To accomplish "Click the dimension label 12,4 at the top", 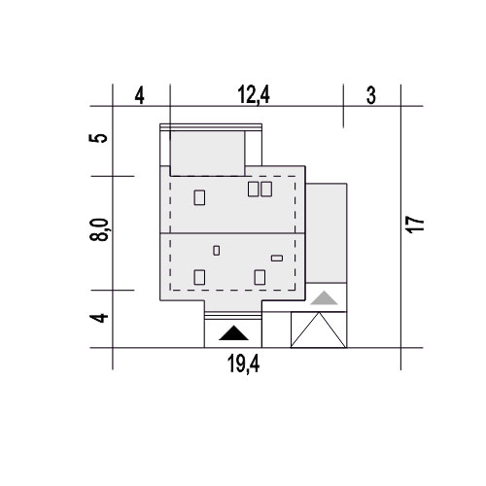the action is pyautogui.click(x=254, y=95).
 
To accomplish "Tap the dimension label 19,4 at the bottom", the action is pyautogui.click(x=244, y=364).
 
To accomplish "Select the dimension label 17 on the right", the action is pyautogui.click(x=416, y=225).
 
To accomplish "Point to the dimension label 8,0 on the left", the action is pyautogui.click(x=99, y=229).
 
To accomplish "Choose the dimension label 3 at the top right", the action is pyautogui.click(x=371, y=95).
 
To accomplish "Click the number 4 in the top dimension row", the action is pyautogui.click(x=139, y=96).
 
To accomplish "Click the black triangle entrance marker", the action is pyautogui.click(x=233, y=333).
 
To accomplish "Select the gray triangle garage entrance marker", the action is pyautogui.click(x=324, y=297).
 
